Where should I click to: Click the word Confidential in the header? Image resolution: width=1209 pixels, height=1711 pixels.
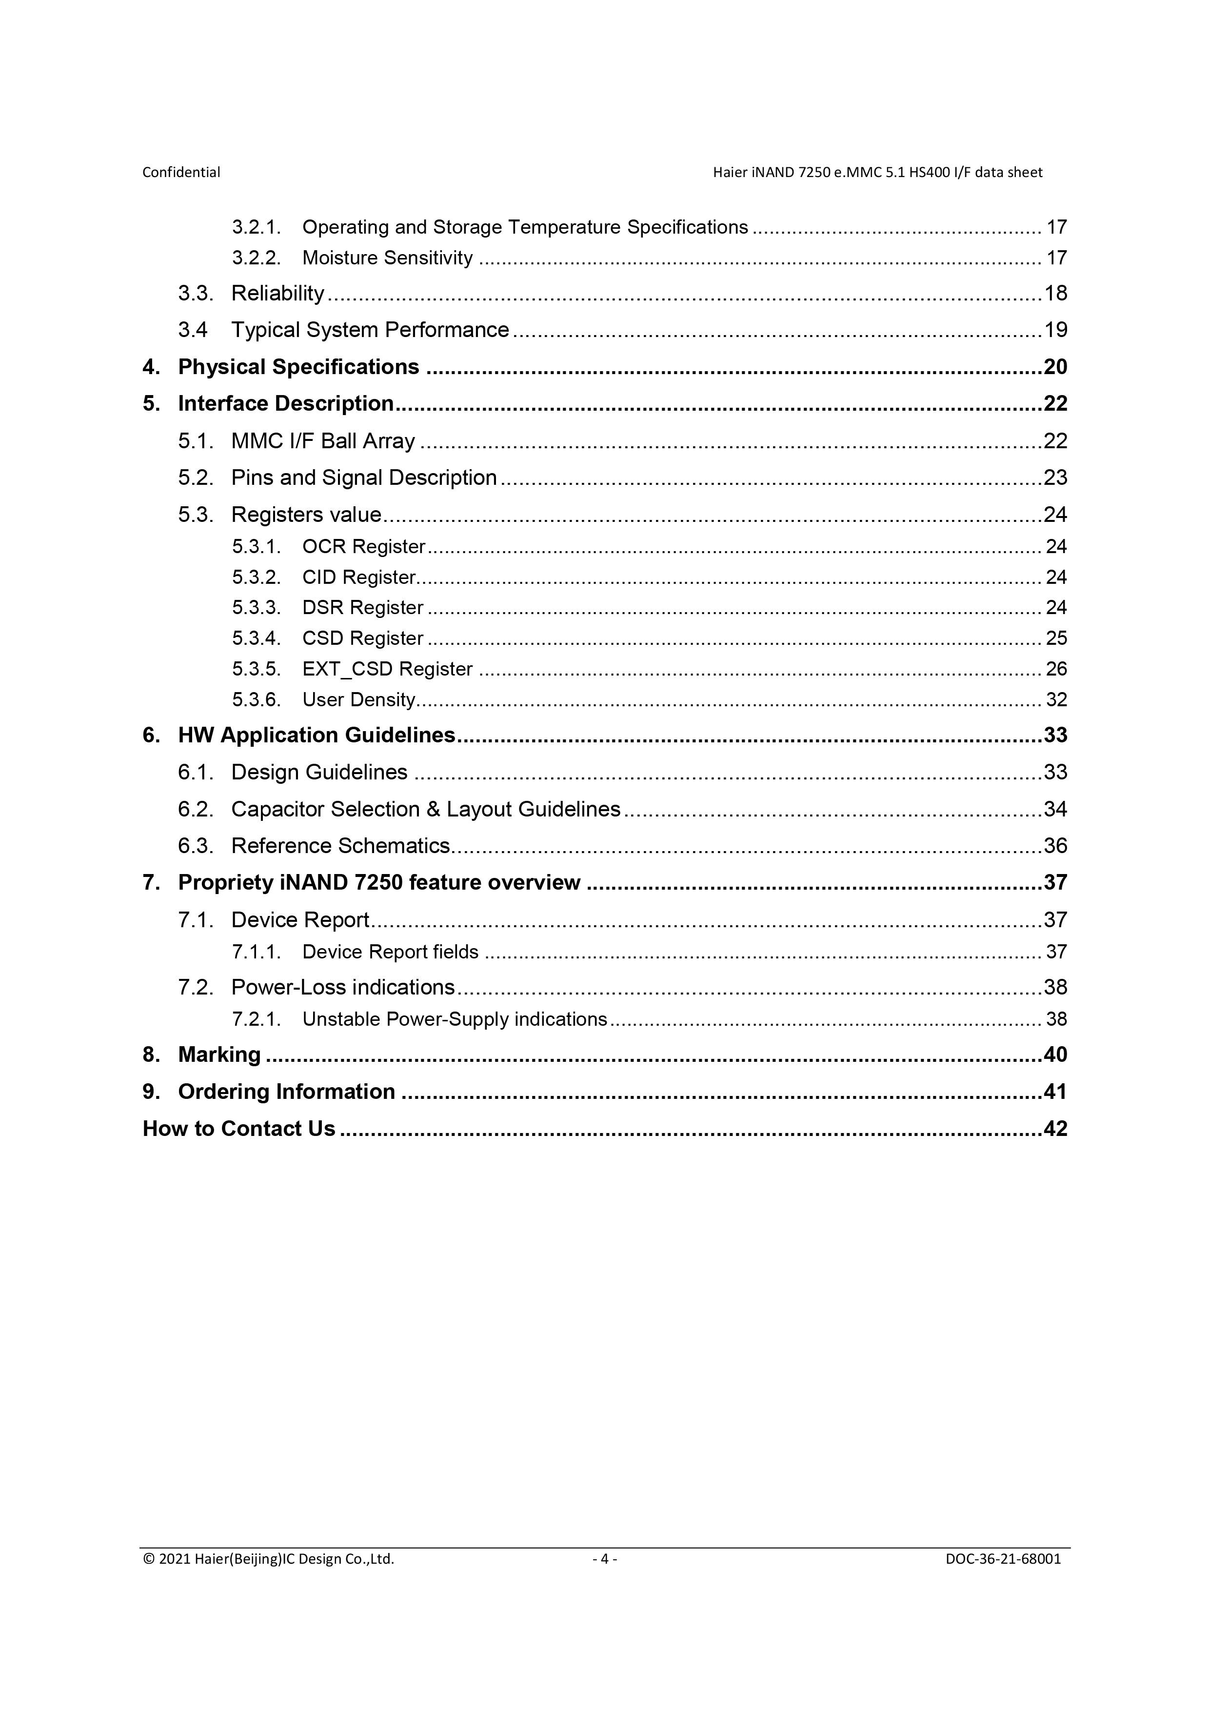tap(181, 172)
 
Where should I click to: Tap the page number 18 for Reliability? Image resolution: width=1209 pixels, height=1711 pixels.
tap(1055, 294)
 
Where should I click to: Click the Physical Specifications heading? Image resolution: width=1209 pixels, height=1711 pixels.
tap(298, 367)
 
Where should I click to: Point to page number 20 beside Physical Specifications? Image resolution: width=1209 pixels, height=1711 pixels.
tap(1055, 367)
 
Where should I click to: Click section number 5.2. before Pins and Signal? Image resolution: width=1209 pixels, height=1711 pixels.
tap(195, 477)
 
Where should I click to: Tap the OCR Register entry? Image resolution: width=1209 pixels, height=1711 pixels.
tap(363, 547)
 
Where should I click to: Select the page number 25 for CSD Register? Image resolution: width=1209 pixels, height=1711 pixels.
tap(1056, 638)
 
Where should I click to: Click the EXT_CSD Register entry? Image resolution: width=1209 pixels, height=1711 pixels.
tap(387, 669)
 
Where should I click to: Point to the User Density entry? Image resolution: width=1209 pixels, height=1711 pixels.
tap(358, 700)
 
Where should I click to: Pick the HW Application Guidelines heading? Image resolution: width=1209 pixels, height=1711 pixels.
tap(316, 736)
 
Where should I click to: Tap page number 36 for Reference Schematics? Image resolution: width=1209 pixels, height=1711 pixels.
tap(1055, 846)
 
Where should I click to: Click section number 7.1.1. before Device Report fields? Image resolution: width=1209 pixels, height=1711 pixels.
tap(256, 953)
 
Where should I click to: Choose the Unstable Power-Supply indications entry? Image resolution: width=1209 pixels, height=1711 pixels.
tap(455, 1019)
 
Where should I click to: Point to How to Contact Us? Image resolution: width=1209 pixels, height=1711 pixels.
tap(238, 1129)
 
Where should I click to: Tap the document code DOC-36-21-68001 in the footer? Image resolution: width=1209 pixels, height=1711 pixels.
tap(1003, 1559)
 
